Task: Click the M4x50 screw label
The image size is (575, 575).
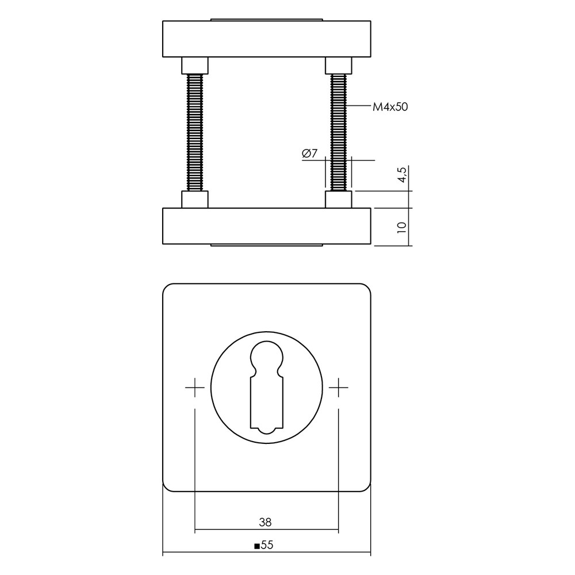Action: click(390, 107)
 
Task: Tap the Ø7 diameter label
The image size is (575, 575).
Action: click(309, 154)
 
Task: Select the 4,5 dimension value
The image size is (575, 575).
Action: click(402, 175)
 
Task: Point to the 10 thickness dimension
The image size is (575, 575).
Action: click(402, 226)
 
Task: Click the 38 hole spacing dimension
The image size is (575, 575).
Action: click(265, 522)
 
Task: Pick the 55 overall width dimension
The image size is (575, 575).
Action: click(268, 545)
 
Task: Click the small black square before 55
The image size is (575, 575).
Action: click(257, 546)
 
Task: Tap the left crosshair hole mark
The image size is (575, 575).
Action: click(195, 387)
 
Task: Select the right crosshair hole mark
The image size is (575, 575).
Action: click(338, 387)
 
